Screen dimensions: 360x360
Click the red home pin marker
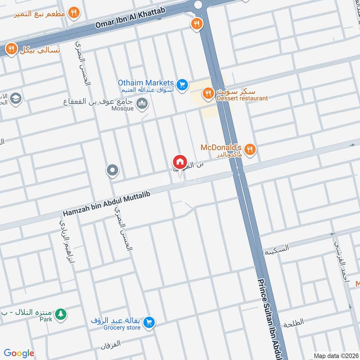[180, 162]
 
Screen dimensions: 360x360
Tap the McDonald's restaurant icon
[251, 148]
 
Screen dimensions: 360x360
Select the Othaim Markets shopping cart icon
[182, 85]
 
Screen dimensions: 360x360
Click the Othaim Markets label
[145, 83]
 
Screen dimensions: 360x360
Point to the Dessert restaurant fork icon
[207, 93]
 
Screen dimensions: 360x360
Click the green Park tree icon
[61, 314]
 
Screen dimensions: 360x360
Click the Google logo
[19, 353]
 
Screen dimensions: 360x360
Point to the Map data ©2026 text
[336, 355]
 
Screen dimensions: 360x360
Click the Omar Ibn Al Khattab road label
[130, 18]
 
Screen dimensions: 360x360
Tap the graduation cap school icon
[16, 99]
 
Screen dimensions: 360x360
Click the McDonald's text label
[221, 148]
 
